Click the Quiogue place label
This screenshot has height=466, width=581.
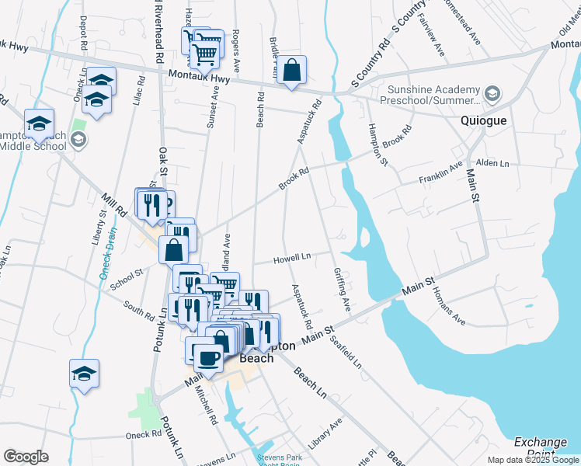pos(483,121)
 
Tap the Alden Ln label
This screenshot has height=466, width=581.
pos(492,164)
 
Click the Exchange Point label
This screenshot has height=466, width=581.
pos(541,447)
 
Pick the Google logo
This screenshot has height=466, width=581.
pos(26,457)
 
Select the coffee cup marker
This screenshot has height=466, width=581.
pos(207,357)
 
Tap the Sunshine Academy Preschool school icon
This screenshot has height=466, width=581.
pos(492,95)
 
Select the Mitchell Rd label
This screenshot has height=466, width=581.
pos(206,405)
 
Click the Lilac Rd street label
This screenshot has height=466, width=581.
pos(140,91)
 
